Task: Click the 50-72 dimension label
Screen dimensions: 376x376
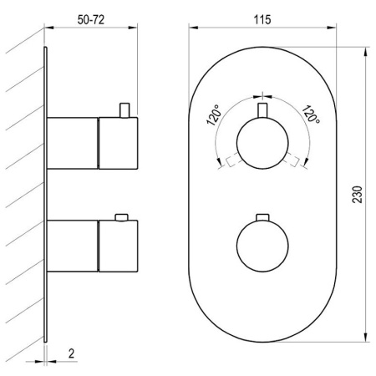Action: point(91,20)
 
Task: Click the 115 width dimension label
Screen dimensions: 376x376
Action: point(262,20)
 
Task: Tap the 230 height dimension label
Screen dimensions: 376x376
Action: point(358,195)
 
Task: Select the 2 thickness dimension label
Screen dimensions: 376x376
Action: point(72,353)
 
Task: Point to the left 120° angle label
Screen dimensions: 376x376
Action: point(215,115)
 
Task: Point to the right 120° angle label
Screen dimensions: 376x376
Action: point(311,114)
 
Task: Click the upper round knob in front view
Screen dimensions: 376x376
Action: point(262,143)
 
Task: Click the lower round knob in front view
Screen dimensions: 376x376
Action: point(262,246)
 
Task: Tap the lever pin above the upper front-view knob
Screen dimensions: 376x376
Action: point(262,110)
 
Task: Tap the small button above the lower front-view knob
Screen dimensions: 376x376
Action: point(262,217)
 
